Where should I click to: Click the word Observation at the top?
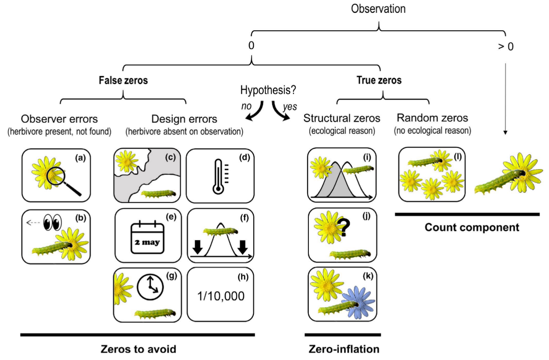[x=379, y=8]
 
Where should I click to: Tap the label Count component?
[x=472, y=227]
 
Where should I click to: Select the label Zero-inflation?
[x=344, y=349]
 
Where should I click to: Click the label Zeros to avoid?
[x=138, y=349]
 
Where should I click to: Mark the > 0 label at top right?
[x=505, y=47]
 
